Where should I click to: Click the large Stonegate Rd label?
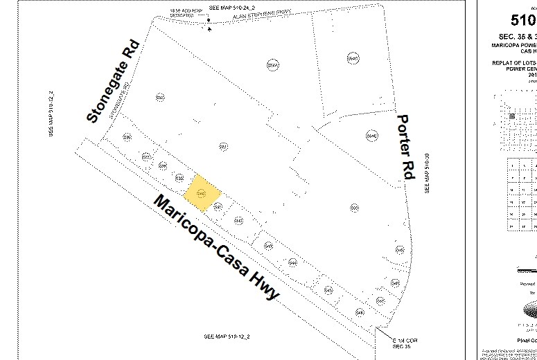[x=113, y=82]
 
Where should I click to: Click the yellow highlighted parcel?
[x=202, y=191]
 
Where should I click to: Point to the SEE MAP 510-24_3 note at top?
[x=231, y=7]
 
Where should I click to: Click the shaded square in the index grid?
[x=512, y=116]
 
